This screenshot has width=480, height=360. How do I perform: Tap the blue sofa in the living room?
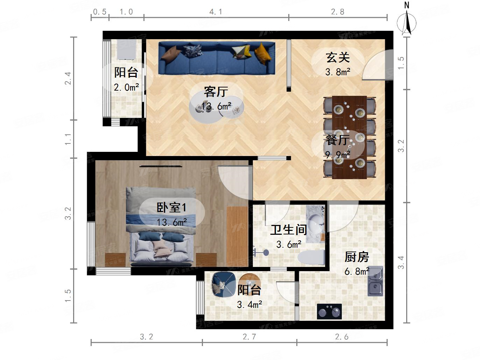click(x=217, y=58)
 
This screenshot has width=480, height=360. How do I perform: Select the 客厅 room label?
click(x=216, y=92)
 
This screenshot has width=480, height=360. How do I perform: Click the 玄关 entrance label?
click(x=338, y=57)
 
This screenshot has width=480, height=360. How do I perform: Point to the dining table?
click(x=349, y=137)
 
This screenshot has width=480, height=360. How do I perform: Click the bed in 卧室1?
click(x=161, y=227)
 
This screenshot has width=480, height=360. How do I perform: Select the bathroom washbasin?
click(x=316, y=224)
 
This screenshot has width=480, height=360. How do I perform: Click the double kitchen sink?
click(x=375, y=281)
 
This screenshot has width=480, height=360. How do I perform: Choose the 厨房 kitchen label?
click(x=357, y=257)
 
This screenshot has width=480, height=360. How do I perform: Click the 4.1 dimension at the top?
click(x=216, y=12)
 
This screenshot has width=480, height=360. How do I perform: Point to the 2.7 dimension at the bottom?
click(x=249, y=337)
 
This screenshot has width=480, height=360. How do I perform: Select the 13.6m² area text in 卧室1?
click(x=171, y=222)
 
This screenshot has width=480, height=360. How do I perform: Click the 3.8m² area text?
click(x=338, y=72)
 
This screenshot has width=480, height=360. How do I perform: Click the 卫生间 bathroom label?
click(x=289, y=230)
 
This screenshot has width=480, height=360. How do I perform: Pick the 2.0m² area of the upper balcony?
click(x=126, y=87)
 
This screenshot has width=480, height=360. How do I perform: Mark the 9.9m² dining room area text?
click(x=338, y=155)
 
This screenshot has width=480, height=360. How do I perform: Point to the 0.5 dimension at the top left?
click(x=100, y=12)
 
